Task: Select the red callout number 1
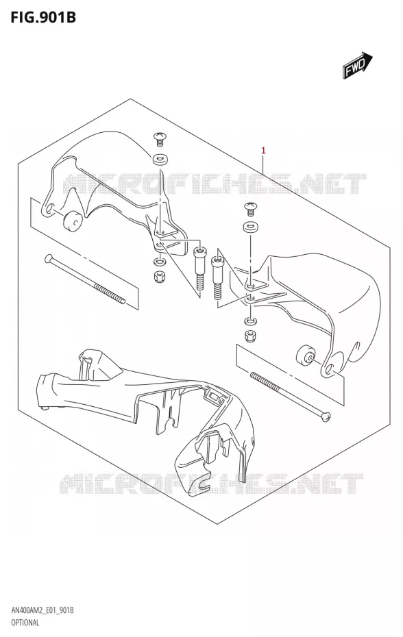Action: pyautogui.click(x=263, y=151)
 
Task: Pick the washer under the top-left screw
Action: pyautogui.click(x=160, y=159)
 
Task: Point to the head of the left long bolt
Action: pyautogui.click(x=49, y=258)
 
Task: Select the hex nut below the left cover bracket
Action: pyautogui.click(x=159, y=277)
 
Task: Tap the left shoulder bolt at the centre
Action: pyautogui.click(x=199, y=268)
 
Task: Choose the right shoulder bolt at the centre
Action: pyautogui.click(x=217, y=277)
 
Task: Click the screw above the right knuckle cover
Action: pyautogui.click(x=249, y=208)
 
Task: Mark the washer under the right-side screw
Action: pyautogui.click(x=250, y=227)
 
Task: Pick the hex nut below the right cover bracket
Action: pyautogui.click(x=249, y=336)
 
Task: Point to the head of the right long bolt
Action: pyautogui.click(x=326, y=416)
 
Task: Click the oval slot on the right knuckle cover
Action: pyautogui.click(x=356, y=349)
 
